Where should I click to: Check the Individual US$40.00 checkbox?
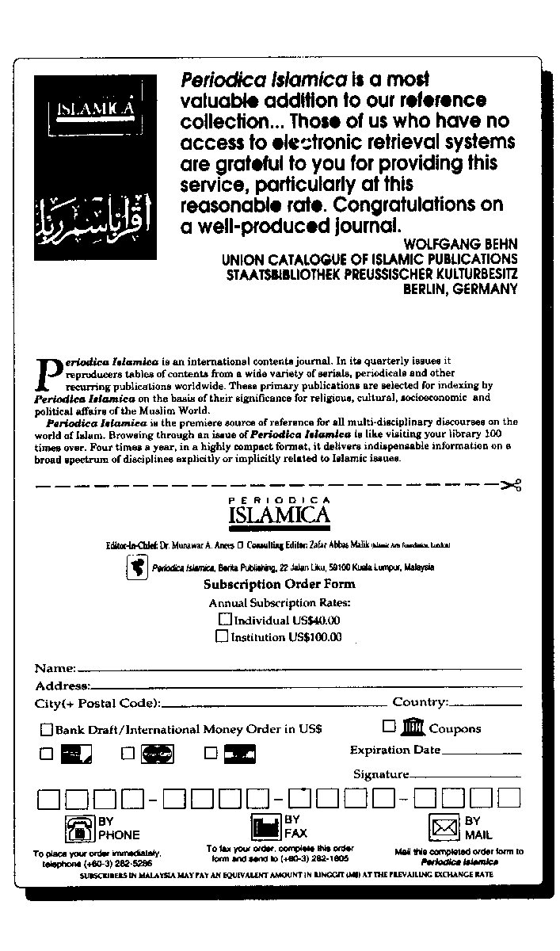click(225, 620)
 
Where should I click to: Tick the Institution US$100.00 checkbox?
click(223, 636)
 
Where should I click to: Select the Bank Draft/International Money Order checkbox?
click(47, 730)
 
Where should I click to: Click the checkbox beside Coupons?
click(389, 726)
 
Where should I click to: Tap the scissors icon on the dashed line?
click(511, 485)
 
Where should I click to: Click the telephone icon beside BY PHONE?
click(79, 828)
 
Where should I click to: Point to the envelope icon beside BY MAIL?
click(444, 828)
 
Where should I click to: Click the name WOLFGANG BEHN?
click(460, 244)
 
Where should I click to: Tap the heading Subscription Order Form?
click(280, 585)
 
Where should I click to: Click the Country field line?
click(486, 704)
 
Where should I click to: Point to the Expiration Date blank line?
click(481, 752)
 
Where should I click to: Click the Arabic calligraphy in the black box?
click(90, 216)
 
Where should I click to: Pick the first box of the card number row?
click(48, 798)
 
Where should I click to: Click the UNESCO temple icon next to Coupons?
click(413, 726)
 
